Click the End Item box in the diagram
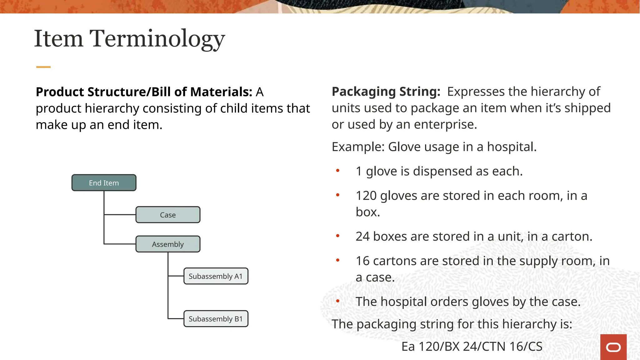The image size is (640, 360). [104, 183]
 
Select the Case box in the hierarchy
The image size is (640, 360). [168, 215]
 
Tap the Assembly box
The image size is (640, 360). [168, 244]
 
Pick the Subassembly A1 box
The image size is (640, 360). [216, 276]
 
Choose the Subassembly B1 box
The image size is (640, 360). [216, 319]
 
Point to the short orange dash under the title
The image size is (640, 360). [43, 67]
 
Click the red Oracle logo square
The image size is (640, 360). [613, 347]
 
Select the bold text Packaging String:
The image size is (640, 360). [386, 92]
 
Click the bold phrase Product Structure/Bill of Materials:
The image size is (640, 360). [144, 92]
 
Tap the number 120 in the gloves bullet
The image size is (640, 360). [366, 196]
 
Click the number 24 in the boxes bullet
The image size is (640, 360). [362, 237]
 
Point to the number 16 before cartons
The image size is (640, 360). [362, 261]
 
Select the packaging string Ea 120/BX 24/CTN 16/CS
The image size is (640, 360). [472, 347]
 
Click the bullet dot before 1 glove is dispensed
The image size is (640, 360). [337, 171]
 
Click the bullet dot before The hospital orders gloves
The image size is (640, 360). [337, 301]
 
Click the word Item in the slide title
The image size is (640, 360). [58, 39]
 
